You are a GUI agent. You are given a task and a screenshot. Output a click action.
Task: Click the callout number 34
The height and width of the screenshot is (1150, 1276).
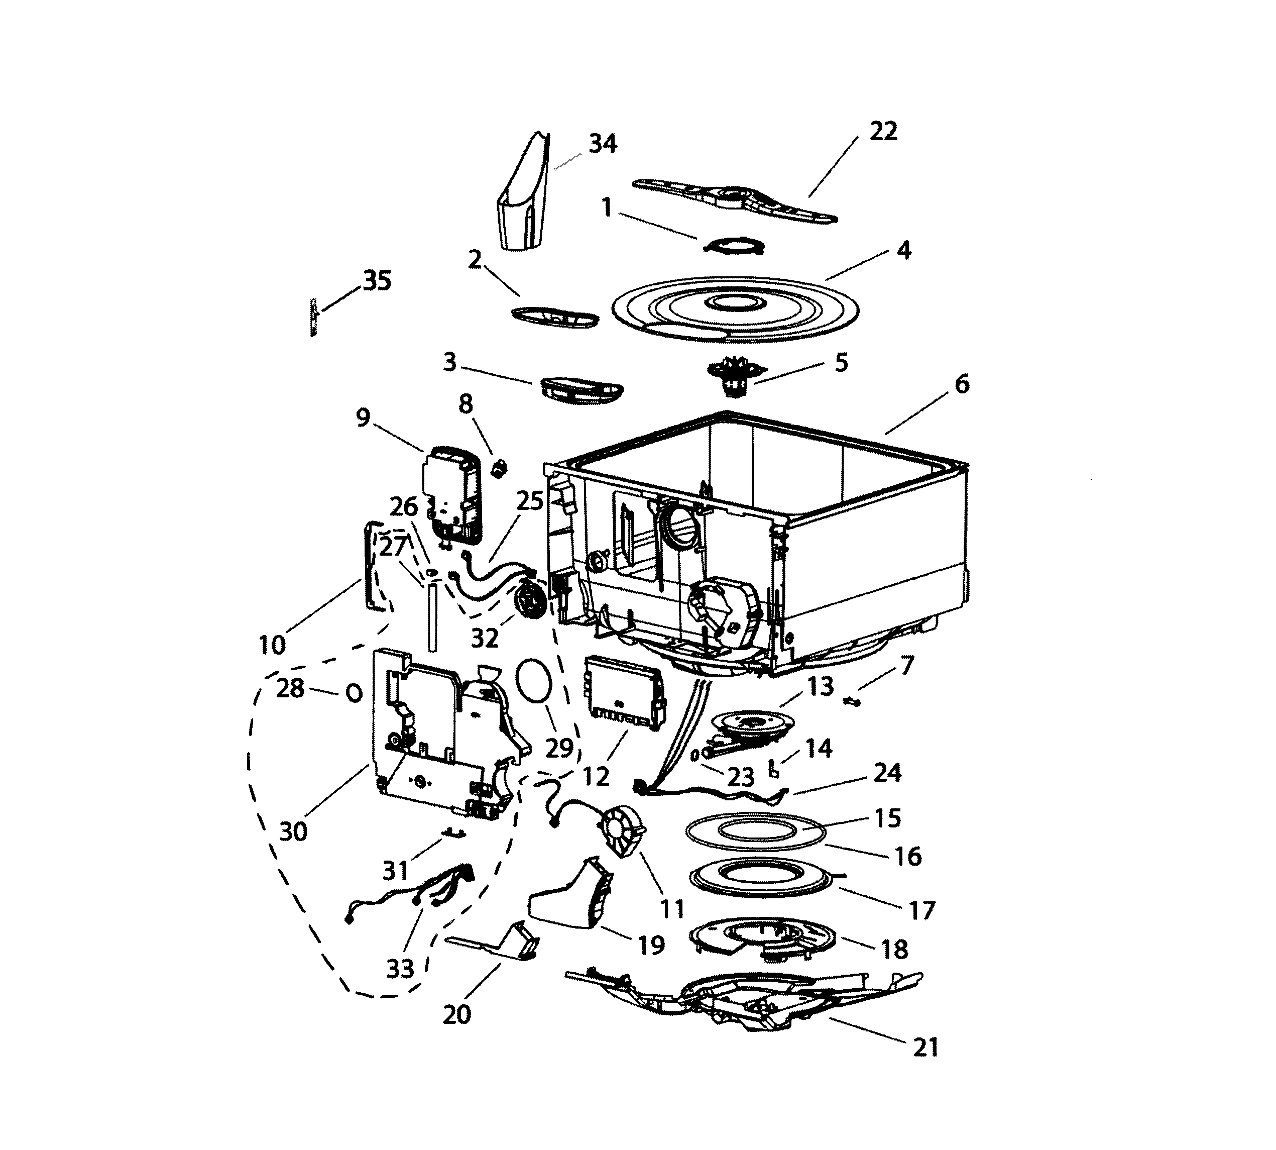click(x=603, y=144)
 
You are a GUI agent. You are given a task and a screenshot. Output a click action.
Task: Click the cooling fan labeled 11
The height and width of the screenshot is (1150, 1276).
click(x=622, y=828)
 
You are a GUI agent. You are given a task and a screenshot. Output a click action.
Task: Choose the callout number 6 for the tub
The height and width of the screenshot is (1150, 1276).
click(x=961, y=383)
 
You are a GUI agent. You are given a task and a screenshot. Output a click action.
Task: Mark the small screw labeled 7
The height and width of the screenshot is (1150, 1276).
click(x=853, y=701)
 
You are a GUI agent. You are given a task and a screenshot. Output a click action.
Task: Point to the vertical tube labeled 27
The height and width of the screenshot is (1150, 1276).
click(x=432, y=617)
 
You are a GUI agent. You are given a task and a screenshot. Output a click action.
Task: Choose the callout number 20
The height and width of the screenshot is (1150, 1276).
click(x=456, y=1014)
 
